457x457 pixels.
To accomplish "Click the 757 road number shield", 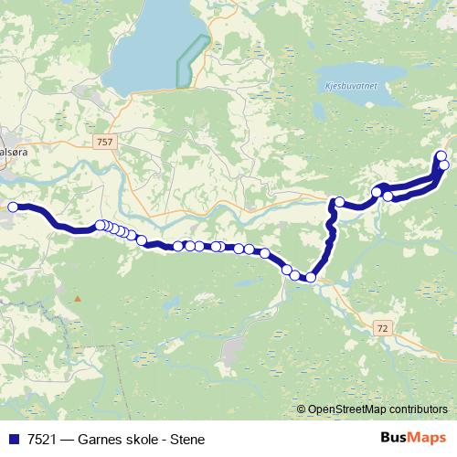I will (x=104, y=142).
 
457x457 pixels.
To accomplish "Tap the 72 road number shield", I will (x=382, y=326).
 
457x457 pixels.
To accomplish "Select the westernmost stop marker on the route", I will (x=14, y=207).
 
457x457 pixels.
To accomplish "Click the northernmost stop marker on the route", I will (x=441, y=155).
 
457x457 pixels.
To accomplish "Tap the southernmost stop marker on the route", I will (x=311, y=277).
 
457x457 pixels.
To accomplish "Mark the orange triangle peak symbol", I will (x=78, y=298).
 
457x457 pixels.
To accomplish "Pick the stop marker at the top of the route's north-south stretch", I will (x=339, y=202).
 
